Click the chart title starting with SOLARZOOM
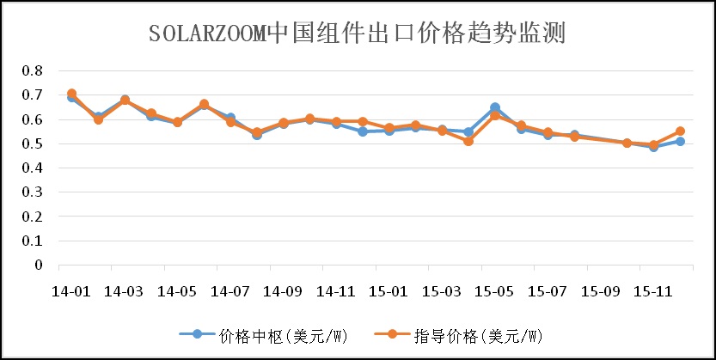(x=357, y=34)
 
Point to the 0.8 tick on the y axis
(x=32, y=70)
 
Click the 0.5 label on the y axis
(x=32, y=143)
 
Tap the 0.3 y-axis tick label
(x=32, y=192)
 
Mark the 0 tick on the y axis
(x=38, y=265)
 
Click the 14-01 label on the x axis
(x=71, y=291)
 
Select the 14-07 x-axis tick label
(x=229, y=291)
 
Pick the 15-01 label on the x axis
(x=389, y=291)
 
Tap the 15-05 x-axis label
(x=494, y=291)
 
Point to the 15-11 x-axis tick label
(x=653, y=291)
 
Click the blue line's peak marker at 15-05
(x=495, y=108)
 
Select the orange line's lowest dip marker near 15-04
(x=468, y=141)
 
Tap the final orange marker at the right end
(x=680, y=131)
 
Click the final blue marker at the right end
(x=680, y=141)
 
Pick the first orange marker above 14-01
(x=71, y=94)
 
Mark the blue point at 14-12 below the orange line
(x=363, y=131)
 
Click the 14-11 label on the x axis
(x=336, y=291)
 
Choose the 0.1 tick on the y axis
(x=32, y=241)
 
